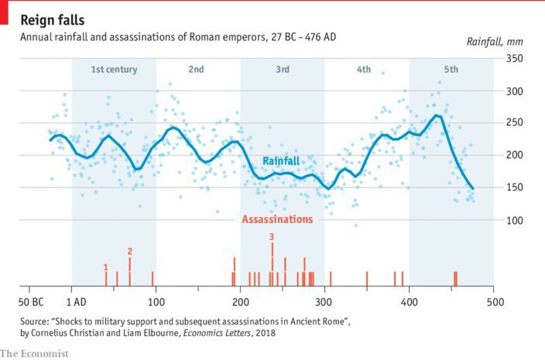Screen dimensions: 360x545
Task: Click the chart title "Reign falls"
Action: (x=53, y=19)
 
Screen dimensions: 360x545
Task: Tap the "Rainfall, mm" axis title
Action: (x=495, y=41)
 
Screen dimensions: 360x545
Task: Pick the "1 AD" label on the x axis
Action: (x=75, y=302)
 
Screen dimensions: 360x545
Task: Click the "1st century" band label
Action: (x=114, y=70)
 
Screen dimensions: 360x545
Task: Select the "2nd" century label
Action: (x=196, y=70)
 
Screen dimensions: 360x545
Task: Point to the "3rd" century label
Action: (x=282, y=70)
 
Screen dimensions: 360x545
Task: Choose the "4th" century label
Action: (x=364, y=70)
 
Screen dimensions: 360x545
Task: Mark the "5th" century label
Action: (x=451, y=70)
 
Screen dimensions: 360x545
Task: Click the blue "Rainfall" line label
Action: (x=281, y=161)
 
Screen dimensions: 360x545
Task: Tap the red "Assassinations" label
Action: (x=277, y=219)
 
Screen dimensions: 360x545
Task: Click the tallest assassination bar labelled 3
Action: (x=272, y=263)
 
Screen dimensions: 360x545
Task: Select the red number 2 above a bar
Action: (x=129, y=251)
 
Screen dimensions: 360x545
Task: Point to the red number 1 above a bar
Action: (x=105, y=267)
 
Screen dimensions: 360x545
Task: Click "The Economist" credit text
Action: (x=35, y=353)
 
